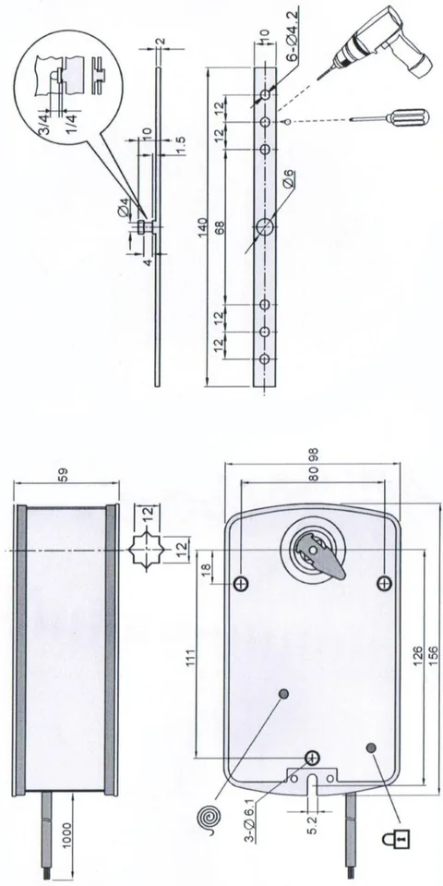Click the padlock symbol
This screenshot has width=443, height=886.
pyautogui.click(x=396, y=839)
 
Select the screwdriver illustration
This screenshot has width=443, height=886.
pyautogui.click(x=389, y=118)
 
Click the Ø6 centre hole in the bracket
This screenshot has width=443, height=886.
pyautogui.click(x=264, y=227)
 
